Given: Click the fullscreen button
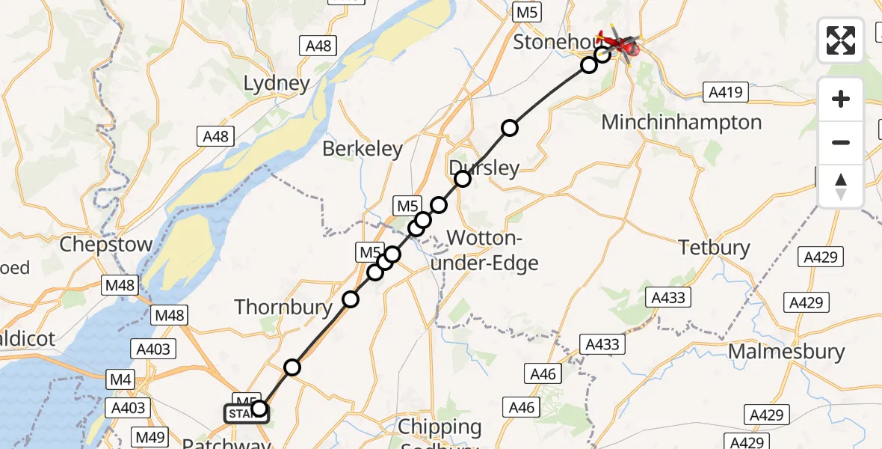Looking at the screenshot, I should click(x=841, y=40).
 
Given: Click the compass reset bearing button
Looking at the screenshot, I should click(x=841, y=186).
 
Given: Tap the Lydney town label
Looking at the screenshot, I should click(x=277, y=83).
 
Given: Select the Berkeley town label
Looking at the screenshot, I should click(x=363, y=149).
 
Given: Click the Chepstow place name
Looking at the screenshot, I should click(x=105, y=245).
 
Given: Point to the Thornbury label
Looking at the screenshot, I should click(x=283, y=307).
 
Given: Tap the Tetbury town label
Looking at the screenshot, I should click(x=713, y=247).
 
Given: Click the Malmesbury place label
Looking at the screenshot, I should click(x=786, y=351).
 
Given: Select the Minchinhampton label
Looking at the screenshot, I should click(x=682, y=122).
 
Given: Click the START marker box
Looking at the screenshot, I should click(x=243, y=414).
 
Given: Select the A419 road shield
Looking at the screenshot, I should click(x=725, y=92).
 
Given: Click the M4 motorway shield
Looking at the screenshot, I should click(x=121, y=380).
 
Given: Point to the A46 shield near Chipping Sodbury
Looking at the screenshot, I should click(x=521, y=406).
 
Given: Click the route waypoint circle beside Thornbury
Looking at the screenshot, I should click(x=351, y=299).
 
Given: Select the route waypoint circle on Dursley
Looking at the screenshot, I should click(x=463, y=178).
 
